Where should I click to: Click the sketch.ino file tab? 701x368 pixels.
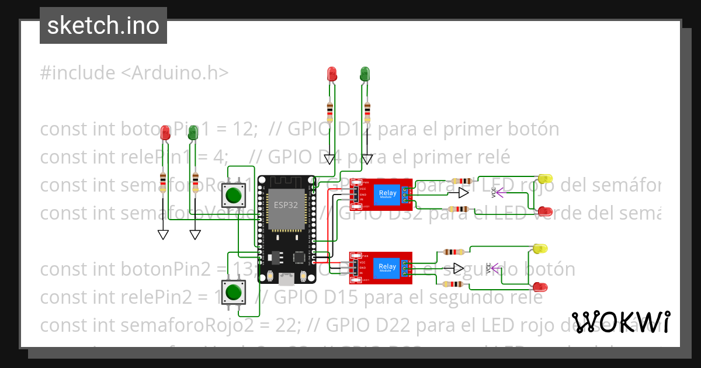(103, 26)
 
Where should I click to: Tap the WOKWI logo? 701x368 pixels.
(620, 322)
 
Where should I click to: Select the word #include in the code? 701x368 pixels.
(78, 73)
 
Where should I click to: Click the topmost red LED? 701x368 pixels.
(332, 74)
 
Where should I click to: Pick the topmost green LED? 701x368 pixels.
(365, 74)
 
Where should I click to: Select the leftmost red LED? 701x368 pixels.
(165, 133)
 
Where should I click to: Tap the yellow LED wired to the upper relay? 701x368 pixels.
(545, 178)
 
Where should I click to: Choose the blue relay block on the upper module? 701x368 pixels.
(387, 195)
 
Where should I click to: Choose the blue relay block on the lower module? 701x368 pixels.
(387, 268)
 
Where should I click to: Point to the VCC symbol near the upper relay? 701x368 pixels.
(495, 192)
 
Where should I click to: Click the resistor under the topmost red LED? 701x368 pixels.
(331, 110)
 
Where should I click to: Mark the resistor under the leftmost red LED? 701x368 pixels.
(163, 181)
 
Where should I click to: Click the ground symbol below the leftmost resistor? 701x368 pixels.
(163, 234)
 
